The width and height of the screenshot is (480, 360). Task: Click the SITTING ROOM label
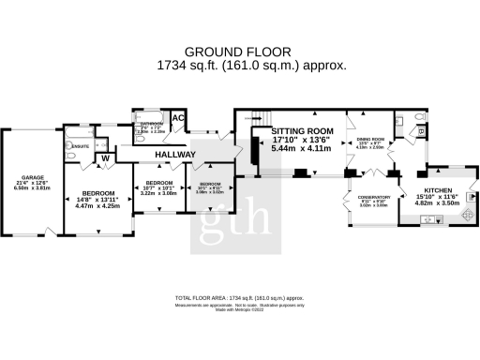pyautogui.click(x=302, y=132)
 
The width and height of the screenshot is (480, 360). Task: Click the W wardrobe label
pyautogui.click(x=105, y=158)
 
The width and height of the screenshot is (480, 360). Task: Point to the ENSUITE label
pyautogui.click(x=82, y=145)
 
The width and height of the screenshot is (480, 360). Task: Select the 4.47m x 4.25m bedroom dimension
pyautogui.click(x=97, y=205)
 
